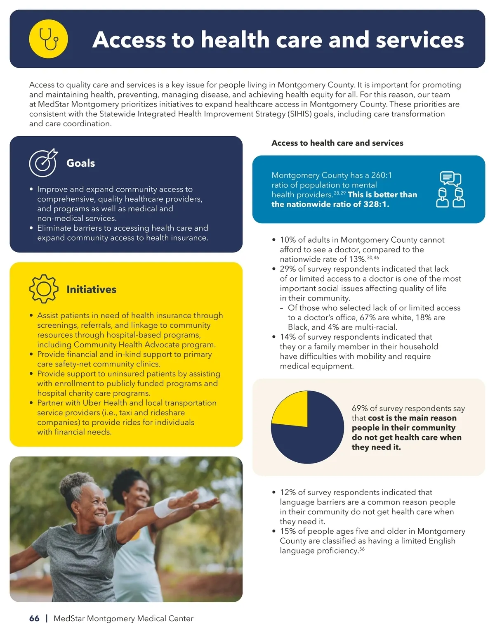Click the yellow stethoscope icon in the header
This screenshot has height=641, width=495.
[x=49, y=39]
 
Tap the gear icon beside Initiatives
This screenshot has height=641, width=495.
[x=43, y=289]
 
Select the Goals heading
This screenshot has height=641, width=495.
[x=80, y=163]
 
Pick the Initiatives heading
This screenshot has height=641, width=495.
[x=91, y=289]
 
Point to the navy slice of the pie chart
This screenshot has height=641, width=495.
[x=313, y=438]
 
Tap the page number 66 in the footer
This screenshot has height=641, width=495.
[x=34, y=618]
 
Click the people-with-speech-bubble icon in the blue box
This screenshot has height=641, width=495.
[x=450, y=189]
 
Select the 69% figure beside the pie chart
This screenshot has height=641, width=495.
[x=360, y=408]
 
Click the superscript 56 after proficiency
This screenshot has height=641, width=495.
[x=362, y=549]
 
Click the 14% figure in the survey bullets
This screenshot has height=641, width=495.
[x=288, y=337]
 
